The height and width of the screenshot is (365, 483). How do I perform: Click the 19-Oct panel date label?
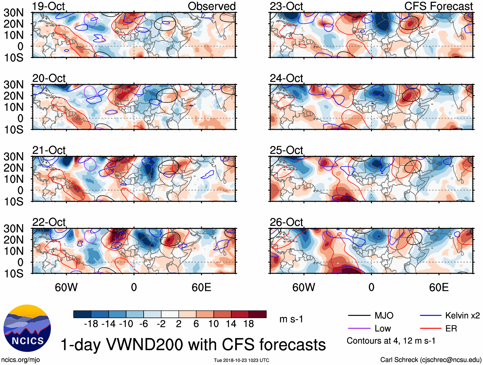click(48, 6)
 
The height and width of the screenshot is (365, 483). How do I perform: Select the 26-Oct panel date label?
click(286, 222)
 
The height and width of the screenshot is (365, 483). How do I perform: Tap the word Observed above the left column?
click(211, 6)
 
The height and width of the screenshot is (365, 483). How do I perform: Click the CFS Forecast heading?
click(438, 6)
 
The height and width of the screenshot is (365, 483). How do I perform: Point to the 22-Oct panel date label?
click(49, 222)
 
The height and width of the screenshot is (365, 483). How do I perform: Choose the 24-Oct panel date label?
click(286, 78)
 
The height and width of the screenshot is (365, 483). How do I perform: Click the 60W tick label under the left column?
click(66, 287)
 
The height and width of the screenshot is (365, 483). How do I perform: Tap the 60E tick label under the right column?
click(439, 287)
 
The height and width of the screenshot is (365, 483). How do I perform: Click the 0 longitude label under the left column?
click(134, 287)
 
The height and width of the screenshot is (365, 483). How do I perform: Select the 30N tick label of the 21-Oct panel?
click(13, 157)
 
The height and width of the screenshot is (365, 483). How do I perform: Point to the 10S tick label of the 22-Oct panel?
click(13, 274)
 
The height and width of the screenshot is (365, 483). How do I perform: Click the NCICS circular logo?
click(27, 328)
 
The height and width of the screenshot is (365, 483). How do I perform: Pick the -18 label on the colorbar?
click(91, 324)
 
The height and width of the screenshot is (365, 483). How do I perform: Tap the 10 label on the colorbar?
click(213, 324)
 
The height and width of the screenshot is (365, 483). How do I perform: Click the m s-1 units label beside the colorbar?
click(291, 319)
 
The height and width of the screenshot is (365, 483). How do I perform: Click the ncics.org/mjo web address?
click(20, 360)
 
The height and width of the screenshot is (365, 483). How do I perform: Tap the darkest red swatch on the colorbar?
click(257, 314)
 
